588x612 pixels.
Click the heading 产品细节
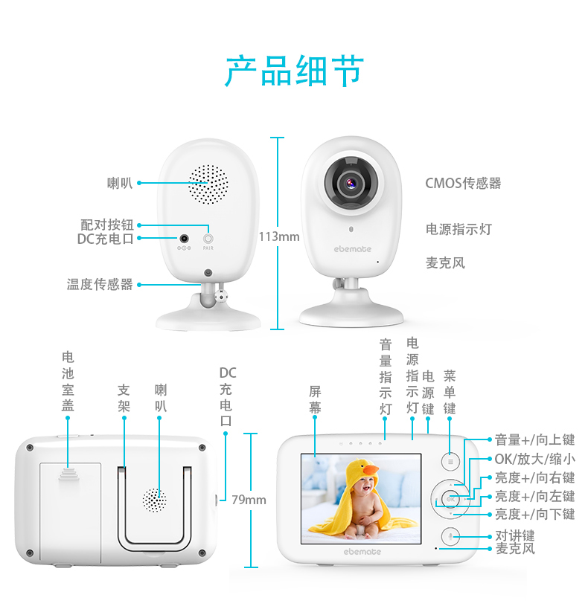point(293,71)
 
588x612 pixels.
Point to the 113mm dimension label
point(279,236)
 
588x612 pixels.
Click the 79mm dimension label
point(249,499)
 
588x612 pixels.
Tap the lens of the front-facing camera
point(348,181)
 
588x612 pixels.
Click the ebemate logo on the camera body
point(352,248)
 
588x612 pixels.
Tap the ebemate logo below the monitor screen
point(362,551)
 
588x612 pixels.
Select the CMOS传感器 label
point(463,183)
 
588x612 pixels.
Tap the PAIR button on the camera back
point(208,239)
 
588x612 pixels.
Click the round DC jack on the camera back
point(184,238)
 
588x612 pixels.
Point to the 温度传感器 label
point(100,284)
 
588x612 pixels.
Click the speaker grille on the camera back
point(208,184)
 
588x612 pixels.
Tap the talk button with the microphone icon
point(450,535)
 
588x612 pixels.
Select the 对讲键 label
point(515,535)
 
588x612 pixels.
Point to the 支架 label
point(124,398)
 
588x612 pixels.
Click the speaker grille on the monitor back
point(155,500)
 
